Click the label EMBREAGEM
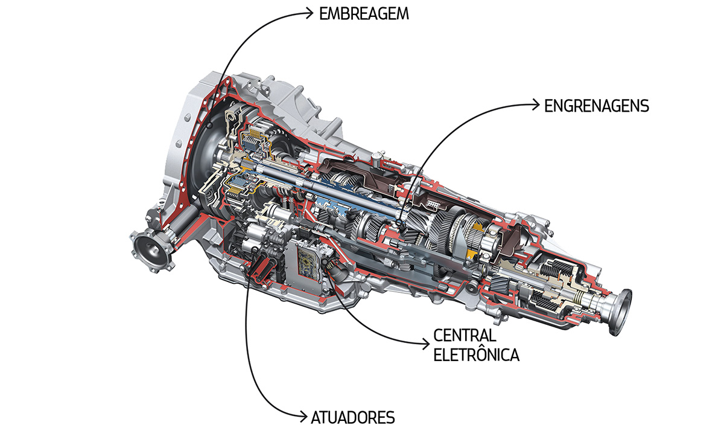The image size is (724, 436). point(364,13)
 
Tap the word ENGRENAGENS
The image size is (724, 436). point(596,106)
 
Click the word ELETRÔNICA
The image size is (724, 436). point(476,354)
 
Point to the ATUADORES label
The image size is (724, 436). point(353,417)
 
